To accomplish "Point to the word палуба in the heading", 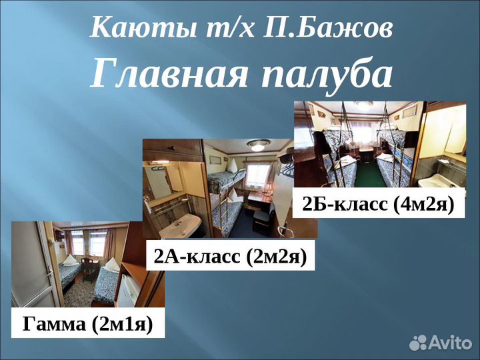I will point(326,73).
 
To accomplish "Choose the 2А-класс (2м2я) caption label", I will point(230,256).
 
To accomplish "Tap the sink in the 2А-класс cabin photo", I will point(180,223).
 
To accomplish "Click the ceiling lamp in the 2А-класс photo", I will point(258,145).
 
